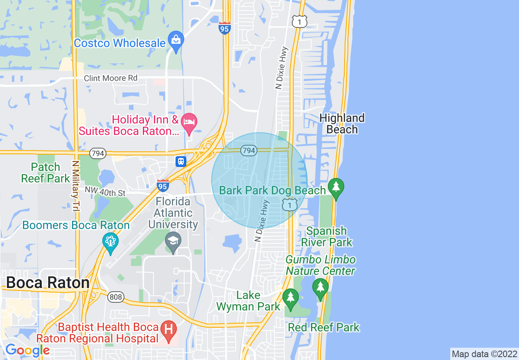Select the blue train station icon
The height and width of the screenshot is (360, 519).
pos(181,162)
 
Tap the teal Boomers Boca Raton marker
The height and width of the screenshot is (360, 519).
pos(111,241)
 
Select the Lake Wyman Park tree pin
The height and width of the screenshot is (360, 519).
pos(291,298)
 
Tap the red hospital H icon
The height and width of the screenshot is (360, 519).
pos(168,329)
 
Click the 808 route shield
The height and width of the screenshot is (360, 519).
pos(116,297)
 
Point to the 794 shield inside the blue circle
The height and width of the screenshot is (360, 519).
pos(248,151)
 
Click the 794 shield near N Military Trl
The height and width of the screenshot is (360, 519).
pos(98,153)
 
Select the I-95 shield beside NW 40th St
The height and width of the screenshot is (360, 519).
pos(163,186)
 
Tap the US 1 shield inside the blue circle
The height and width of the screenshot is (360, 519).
pos(290,204)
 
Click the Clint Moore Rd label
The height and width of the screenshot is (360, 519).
pos(111,78)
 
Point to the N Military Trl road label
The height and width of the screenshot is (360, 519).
pos(75,185)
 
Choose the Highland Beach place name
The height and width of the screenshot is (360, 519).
pos(342,124)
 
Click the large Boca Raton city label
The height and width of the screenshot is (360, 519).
pos(48,283)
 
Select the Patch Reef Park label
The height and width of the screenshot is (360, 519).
pos(45,173)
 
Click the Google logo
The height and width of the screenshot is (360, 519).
pos(27,350)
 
